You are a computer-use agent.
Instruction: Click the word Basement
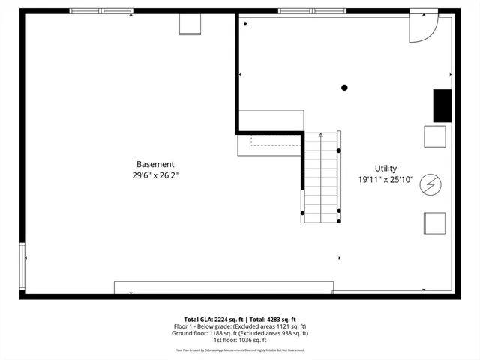click(155, 164)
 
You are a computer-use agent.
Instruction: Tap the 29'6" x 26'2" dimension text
click(155, 175)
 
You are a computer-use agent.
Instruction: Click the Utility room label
click(386, 169)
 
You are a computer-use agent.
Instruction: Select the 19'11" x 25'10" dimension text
click(386, 180)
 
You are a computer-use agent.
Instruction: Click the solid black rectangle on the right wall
click(442, 106)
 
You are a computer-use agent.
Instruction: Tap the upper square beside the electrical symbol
click(435, 136)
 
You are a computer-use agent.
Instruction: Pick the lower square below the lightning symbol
click(435, 223)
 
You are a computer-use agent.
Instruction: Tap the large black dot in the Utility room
click(345, 88)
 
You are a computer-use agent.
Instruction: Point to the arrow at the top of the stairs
click(321, 136)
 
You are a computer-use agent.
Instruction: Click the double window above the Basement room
click(101, 11)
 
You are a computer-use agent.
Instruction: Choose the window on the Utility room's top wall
click(312, 11)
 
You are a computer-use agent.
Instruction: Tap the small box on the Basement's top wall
click(190, 24)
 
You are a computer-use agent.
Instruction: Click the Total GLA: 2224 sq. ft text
click(211, 319)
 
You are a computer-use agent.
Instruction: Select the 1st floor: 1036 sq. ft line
click(240, 340)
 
